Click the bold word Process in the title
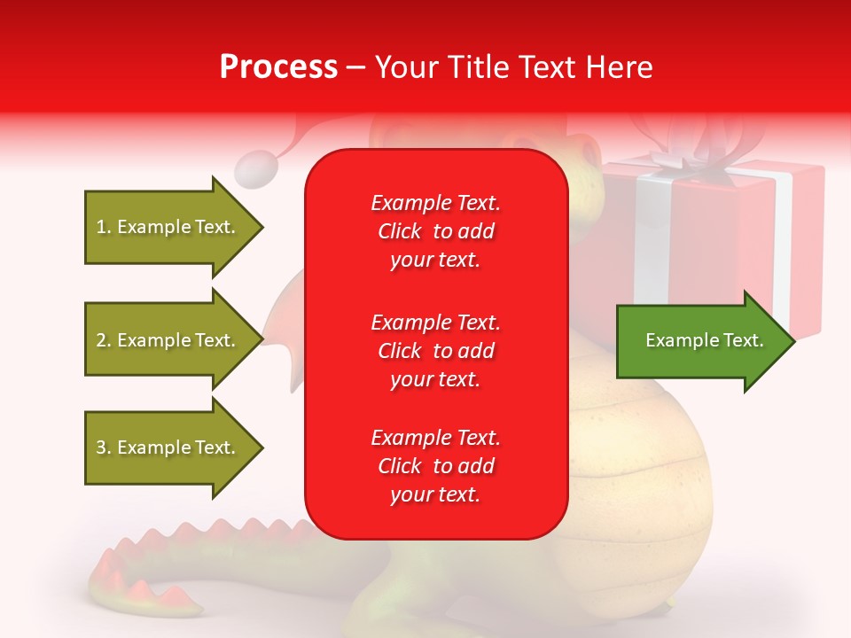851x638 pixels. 278,67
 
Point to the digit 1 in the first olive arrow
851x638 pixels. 101,228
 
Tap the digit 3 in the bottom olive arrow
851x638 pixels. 101,448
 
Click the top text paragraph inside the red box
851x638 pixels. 435,231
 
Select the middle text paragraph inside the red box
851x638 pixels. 435,350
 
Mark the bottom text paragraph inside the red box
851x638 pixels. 435,466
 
